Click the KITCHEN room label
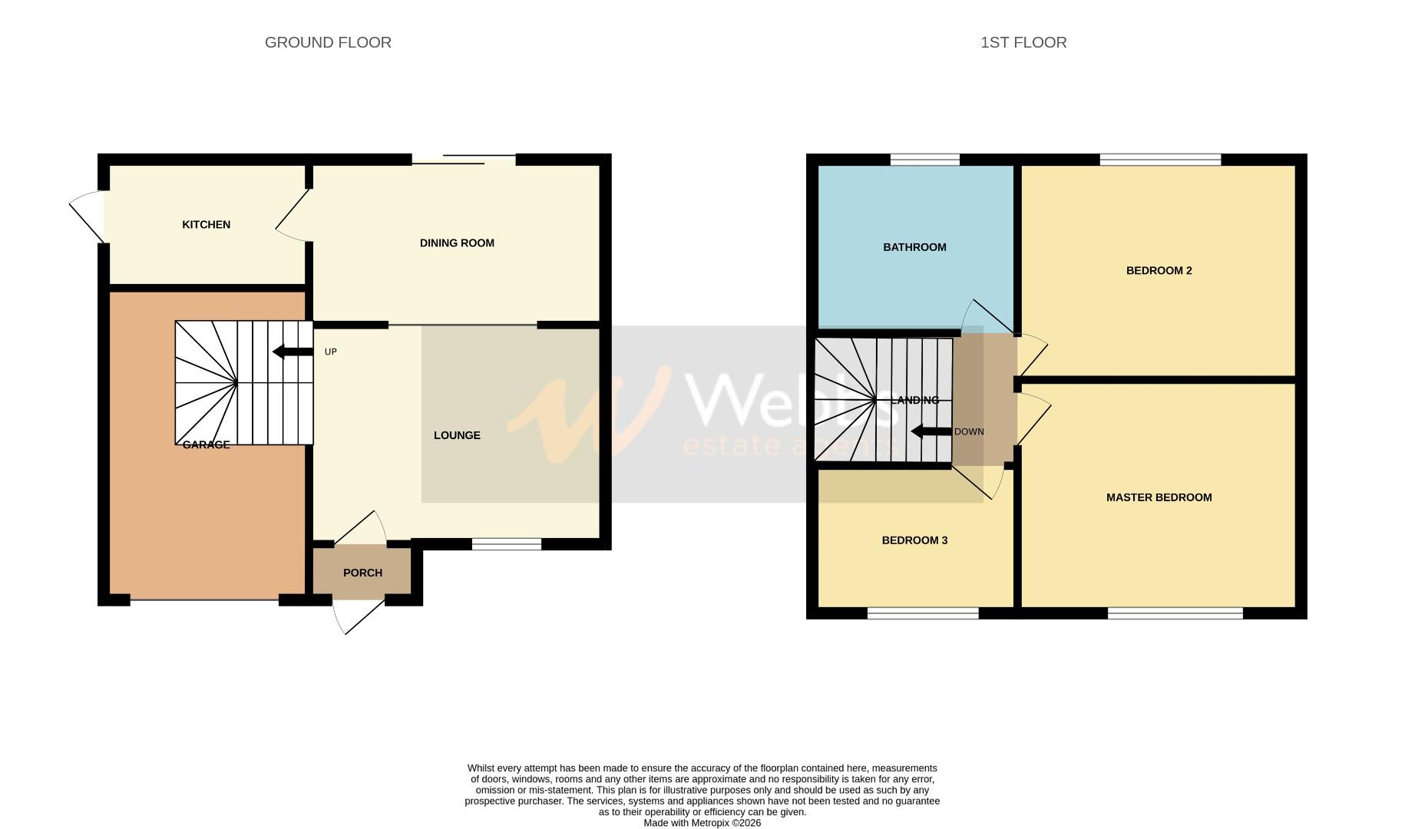point(206,225)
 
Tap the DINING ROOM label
point(457,243)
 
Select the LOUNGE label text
point(457,435)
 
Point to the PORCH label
point(362,573)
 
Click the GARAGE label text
point(206,444)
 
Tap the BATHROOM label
point(914,247)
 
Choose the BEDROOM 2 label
point(1159,270)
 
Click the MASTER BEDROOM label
point(1159,497)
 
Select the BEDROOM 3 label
point(914,540)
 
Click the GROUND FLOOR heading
point(328,42)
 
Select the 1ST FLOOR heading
point(1023,42)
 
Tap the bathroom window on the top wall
point(924,160)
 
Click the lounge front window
point(506,544)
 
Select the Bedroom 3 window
point(923,613)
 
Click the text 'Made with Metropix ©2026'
point(702,823)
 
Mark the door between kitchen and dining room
point(292,218)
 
